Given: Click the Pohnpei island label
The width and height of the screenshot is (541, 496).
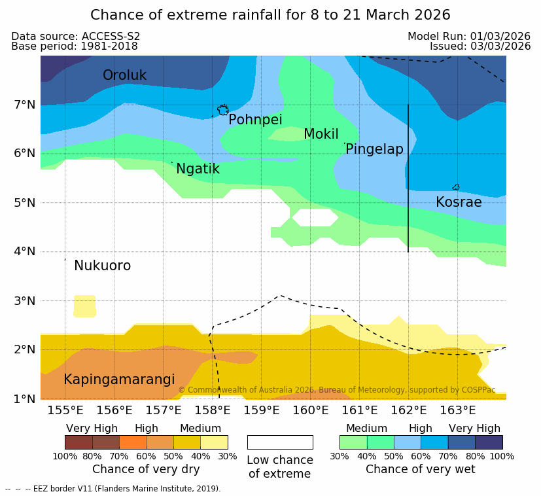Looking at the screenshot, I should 255,120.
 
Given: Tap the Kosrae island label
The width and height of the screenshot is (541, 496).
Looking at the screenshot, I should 459,202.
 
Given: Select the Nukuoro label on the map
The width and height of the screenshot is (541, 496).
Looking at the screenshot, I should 102,266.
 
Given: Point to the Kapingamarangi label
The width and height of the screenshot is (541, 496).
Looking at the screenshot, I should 119,380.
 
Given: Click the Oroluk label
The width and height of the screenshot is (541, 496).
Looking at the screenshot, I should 124,75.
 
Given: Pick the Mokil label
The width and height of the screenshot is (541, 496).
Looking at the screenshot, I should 321,134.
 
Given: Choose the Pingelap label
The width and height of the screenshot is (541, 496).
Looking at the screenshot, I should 374,149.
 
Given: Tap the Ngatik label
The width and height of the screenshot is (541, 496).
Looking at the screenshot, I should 198,169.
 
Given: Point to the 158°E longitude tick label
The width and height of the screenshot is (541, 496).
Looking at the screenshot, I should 213,411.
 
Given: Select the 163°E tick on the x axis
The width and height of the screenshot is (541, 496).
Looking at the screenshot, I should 457,411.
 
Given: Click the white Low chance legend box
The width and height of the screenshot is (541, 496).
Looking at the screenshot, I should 280,442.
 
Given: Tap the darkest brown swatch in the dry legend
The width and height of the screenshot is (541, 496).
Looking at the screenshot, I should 79,442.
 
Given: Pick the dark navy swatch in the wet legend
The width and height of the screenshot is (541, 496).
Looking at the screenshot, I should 489,442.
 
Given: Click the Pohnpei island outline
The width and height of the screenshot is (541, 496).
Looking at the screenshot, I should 223,109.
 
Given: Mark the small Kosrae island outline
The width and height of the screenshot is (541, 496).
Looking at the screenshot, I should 456,187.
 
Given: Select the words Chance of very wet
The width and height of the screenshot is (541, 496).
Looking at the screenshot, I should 420,469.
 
